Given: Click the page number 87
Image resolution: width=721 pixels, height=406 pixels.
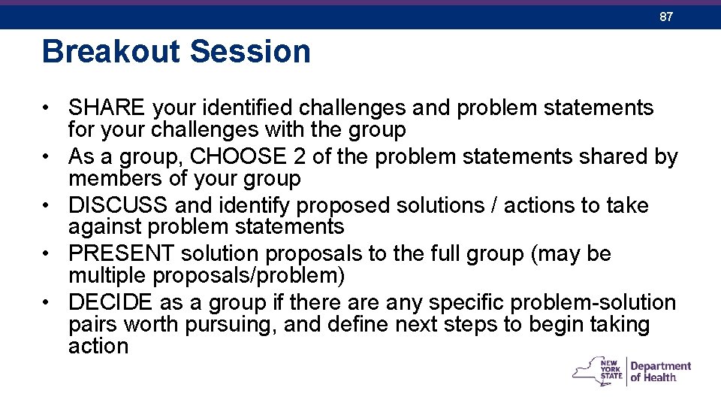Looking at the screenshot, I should click(665, 17).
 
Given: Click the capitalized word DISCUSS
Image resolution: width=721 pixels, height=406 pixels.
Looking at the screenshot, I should click(119, 205).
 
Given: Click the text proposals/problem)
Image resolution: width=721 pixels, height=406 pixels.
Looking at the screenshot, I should click(249, 276).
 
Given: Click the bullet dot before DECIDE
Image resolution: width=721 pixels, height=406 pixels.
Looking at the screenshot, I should click(47, 303).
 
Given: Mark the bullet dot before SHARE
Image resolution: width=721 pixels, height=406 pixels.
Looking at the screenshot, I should click(47, 108).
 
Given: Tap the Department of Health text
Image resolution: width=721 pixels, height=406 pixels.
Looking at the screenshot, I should click(660, 371).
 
